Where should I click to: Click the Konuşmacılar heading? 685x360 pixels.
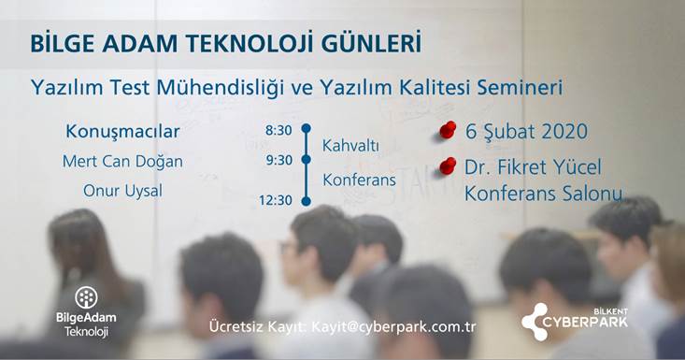click(122, 132)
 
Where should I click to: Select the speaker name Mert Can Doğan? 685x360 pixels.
click(122, 162)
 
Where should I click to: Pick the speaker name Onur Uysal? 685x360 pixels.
click(122, 191)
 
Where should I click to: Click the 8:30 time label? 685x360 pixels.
click(278, 130)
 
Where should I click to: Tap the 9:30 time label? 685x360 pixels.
click(279, 160)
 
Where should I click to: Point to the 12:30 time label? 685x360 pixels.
click(276, 200)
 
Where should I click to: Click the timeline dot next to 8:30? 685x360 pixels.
click(307, 128)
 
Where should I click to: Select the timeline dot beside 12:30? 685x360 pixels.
click(307, 201)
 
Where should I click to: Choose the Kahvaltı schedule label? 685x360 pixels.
click(350, 146)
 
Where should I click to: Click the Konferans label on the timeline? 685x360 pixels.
click(359, 180)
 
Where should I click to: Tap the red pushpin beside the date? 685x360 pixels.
click(448, 130)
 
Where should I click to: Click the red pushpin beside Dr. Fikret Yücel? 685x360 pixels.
click(448, 166)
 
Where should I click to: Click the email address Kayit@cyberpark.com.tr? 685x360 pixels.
click(393, 327)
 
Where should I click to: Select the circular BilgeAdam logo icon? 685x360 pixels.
click(87, 297)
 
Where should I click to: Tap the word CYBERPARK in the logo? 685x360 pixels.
click(585, 323)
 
